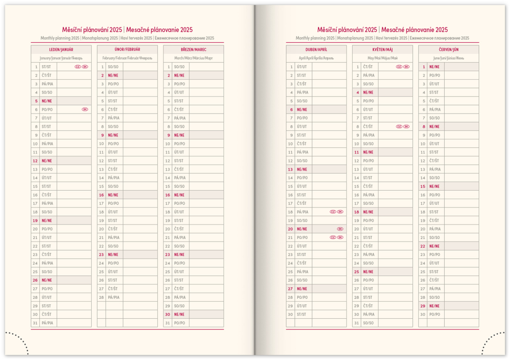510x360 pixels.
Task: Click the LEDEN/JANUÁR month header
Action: point(61,50)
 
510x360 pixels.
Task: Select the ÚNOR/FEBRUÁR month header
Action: point(127,50)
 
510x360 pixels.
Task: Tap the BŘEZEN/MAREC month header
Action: point(193,50)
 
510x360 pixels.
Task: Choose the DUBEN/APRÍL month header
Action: point(316,50)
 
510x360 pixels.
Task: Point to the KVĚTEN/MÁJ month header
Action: point(382,50)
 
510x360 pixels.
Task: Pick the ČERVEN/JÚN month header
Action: point(448,50)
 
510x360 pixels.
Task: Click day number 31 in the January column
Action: point(35,323)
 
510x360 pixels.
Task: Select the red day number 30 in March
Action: point(168,315)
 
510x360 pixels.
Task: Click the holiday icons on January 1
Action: point(81,67)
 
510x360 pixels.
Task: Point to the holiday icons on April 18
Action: point(337,212)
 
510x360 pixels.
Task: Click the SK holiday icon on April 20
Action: point(340,229)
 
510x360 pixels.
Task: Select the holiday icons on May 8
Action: point(403,126)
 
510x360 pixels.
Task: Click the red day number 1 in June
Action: point(423,67)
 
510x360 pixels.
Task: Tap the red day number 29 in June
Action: point(423,306)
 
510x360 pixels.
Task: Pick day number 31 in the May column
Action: point(357,323)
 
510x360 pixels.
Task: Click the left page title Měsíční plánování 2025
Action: point(92,30)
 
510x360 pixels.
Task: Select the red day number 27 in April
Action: point(290,289)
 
